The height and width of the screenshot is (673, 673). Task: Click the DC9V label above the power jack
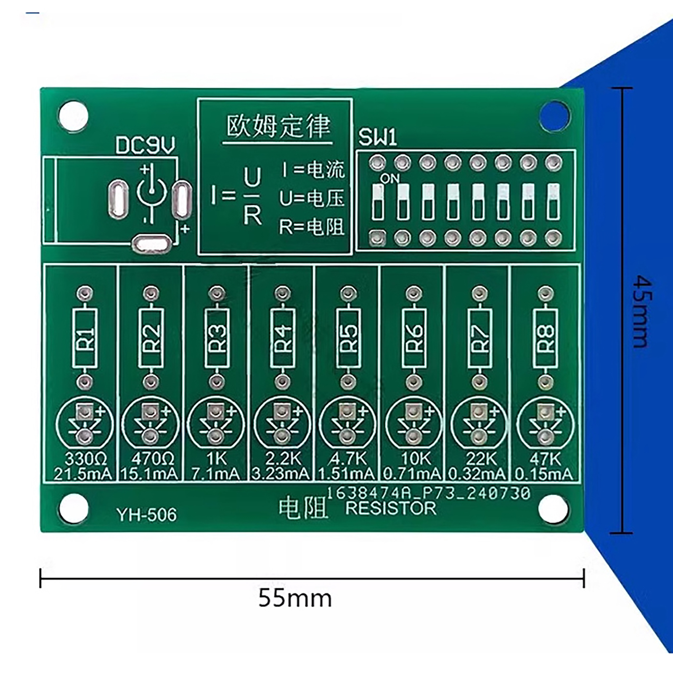click(145, 146)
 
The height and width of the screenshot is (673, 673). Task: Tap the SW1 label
click(377, 138)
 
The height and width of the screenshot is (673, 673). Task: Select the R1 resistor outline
click(85, 338)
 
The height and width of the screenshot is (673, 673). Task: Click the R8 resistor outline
click(546, 338)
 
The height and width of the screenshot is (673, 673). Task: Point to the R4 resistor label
click(283, 338)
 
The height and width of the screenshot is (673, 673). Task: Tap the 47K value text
click(546, 458)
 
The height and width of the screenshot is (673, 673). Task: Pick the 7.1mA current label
click(215, 474)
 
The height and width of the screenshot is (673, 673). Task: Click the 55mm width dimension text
click(295, 598)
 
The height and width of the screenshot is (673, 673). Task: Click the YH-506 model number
click(147, 515)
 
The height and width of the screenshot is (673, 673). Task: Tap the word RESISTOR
click(391, 508)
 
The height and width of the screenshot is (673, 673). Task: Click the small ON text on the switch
click(389, 179)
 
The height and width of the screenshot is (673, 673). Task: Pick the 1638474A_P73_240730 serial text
click(428, 493)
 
